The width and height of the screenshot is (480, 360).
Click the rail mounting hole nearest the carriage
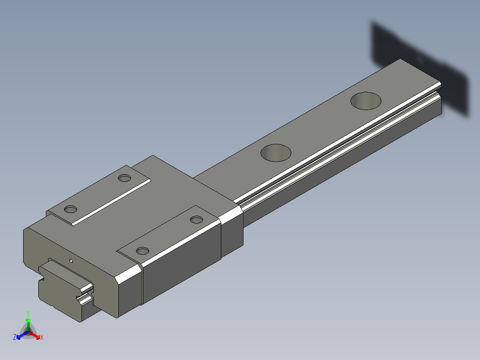click(x=276, y=152)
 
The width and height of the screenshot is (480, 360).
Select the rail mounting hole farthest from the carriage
click(x=366, y=100)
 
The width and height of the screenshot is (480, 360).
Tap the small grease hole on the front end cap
click(x=70, y=261)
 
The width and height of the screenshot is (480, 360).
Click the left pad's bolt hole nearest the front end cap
click(x=70, y=209)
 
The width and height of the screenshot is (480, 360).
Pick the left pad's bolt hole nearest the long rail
click(x=124, y=178)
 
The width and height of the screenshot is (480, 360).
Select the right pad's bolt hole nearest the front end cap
click(x=142, y=251)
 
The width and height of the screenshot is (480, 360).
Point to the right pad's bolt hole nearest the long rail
click(x=196, y=219)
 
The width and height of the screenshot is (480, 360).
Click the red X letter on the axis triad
click(x=42, y=338)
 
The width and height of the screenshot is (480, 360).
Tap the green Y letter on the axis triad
click(x=28, y=313)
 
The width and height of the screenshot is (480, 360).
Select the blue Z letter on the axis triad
click(x=15, y=338)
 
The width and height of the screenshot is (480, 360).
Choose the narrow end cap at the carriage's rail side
click(x=232, y=229)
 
